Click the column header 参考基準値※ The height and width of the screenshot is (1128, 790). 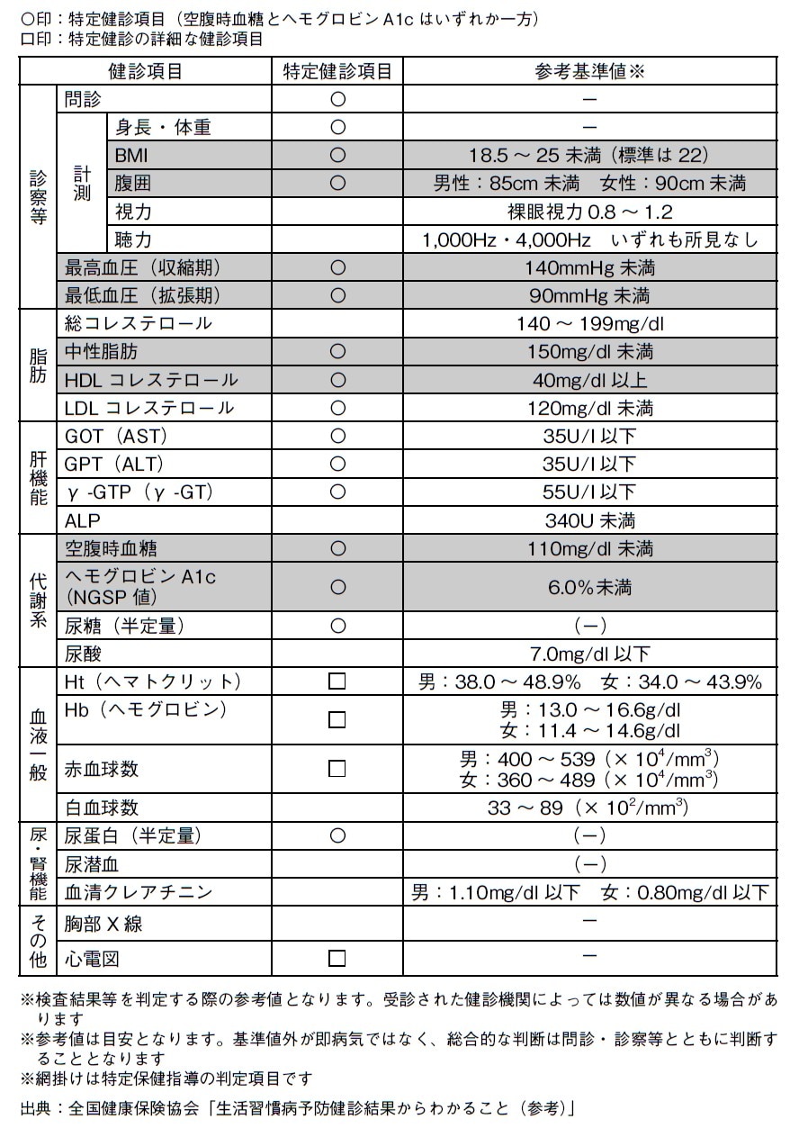pos(589,71)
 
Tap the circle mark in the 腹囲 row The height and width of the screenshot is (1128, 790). pos(337,184)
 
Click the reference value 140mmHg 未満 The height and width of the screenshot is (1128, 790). pos(589,267)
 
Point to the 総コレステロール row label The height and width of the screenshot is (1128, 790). pos(139,323)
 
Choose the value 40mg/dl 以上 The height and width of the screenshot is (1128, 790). pos(589,380)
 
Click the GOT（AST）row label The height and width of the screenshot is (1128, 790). pos(116,436)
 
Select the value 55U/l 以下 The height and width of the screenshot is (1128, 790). pos(589,492)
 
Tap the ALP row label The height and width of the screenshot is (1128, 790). pos(83,520)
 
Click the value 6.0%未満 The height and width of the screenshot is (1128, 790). pos(589,587)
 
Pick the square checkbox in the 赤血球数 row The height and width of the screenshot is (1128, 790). pos(337,769)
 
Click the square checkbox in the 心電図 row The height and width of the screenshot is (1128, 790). pos(337,958)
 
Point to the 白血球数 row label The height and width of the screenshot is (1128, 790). pos(102,808)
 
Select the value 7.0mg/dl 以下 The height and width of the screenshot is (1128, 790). pos(589,654)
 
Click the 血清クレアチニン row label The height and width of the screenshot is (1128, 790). pos(139,892)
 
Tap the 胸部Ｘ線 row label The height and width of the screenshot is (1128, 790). pos(103,925)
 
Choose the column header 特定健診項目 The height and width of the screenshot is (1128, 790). pos(337,71)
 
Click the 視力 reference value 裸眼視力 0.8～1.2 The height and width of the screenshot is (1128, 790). pos(589,212)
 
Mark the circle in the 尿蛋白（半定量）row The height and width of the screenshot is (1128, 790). pos(337,835)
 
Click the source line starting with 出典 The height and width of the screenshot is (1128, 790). pos(297,1106)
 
